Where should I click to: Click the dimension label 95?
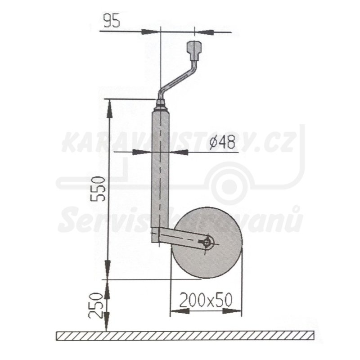tap(112, 21)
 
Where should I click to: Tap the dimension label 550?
tap(98, 189)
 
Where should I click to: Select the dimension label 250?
tap(95, 305)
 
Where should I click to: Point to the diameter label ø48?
tap(222, 142)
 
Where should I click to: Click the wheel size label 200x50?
tap(206, 300)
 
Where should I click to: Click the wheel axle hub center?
tap(207, 243)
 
